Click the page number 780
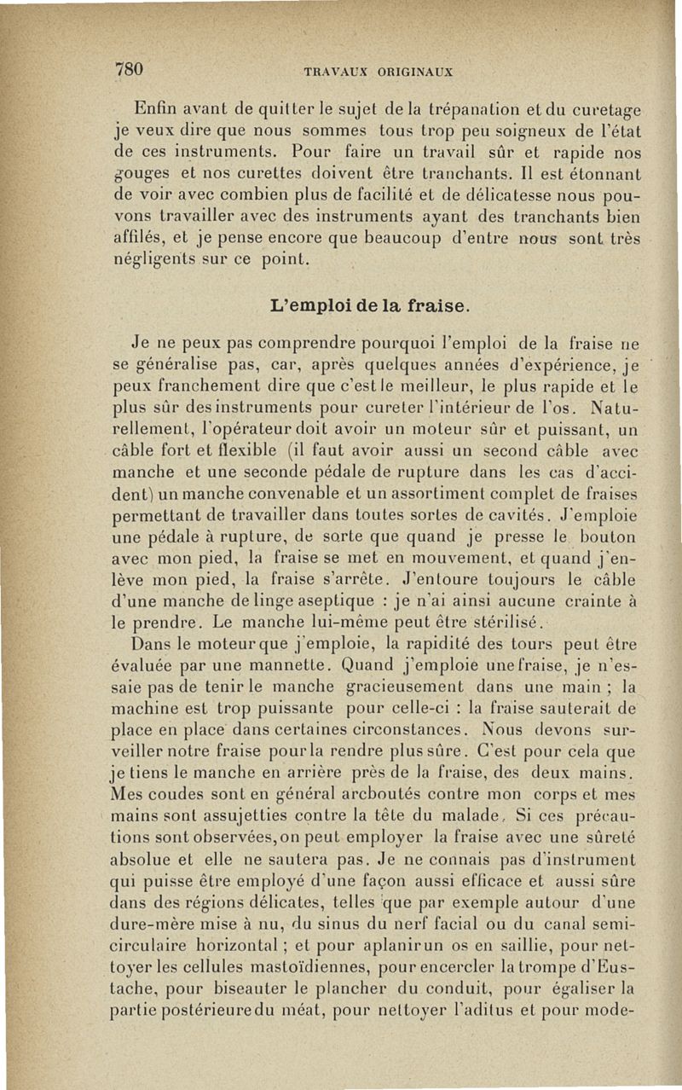[128, 69]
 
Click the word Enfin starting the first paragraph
[155, 110]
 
